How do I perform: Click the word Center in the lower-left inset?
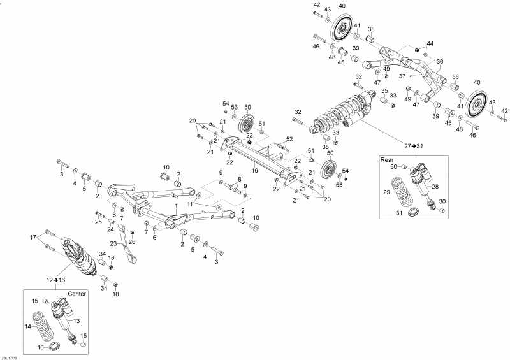pos(76,294)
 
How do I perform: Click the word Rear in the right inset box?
pos(387,160)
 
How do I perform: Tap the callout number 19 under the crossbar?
pos(255,170)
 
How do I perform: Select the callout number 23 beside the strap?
pos(113,243)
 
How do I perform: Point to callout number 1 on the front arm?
pos(177,206)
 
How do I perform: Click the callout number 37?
pos(403,76)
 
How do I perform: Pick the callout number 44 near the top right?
pos(430,43)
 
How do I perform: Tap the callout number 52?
pos(289,139)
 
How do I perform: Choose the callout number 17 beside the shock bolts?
pos(33,238)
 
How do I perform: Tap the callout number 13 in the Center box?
pos(76,321)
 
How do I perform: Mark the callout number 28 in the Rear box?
pos(435,186)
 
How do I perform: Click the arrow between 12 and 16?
pos(56,280)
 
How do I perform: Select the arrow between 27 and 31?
pos(414,146)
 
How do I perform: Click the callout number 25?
pos(99,222)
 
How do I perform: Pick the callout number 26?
pos(132,241)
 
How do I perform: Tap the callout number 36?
pos(440,61)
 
